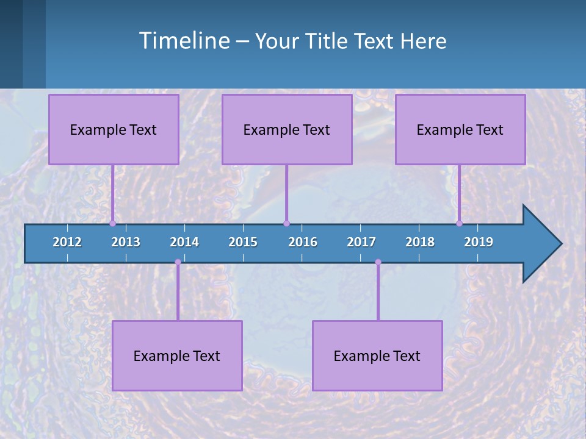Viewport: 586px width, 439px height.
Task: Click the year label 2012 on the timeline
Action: [x=67, y=242]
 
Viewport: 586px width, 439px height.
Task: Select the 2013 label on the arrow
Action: [x=126, y=242]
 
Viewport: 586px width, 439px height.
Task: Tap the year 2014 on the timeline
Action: [x=184, y=242]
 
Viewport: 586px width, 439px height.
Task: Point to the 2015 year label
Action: [x=243, y=242]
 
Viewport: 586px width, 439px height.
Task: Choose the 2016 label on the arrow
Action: [x=303, y=242]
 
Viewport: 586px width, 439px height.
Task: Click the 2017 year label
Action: [x=361, y=242]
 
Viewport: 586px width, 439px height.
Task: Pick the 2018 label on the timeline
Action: [x=420, y=242]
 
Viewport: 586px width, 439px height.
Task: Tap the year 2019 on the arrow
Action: [x=479, y=242]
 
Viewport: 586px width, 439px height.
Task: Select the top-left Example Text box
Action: [x=114, y=129]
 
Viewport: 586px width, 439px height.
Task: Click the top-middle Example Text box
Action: [x=287, y=129]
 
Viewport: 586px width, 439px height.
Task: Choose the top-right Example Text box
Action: [x=460, y=129]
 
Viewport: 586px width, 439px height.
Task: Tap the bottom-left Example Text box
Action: [x=177, y=355]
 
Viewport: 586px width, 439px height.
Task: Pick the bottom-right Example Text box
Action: [x=377, y=355]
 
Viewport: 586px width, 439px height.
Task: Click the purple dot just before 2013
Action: [x=113, y=223]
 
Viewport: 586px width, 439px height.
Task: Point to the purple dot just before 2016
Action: [x=286, y=223]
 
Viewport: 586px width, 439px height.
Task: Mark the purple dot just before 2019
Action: [x=460, y=223]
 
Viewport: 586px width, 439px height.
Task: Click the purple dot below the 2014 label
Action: [x=178, y=262]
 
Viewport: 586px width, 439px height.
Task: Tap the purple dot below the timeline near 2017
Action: [x=378, y=262]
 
